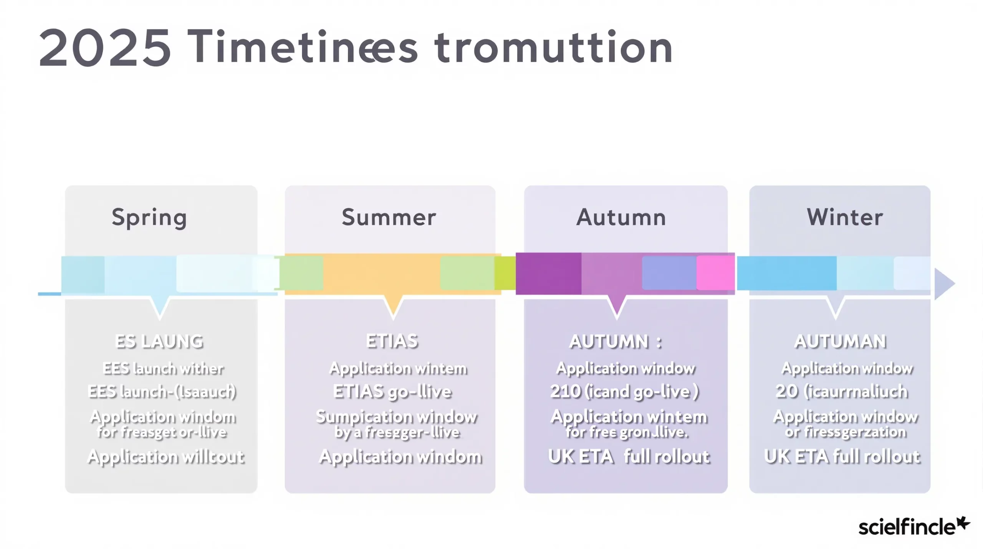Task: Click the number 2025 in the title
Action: [x=104, y=48]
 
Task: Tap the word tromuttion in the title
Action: [x=554, y=48]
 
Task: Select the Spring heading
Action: [x=149, y=217]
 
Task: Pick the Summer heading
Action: [x=389, y=217]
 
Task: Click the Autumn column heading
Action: [x=621, y=217]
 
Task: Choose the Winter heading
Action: [x=845, y=217]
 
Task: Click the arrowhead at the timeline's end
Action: [x=944, y=284]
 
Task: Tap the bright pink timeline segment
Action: [x=715, y=273]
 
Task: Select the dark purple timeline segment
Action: [x=548, y=273]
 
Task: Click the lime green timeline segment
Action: [x=505, y=273]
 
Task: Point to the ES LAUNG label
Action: [x=159, y=342]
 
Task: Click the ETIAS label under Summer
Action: [x=392, y=341]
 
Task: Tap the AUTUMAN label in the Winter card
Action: [x=840, y=342]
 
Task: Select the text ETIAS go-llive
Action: [x=392, y=392]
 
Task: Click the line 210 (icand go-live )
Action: [x=624, y=392]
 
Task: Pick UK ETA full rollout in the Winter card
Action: [x=842, y=457]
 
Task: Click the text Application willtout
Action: [x=165, y=457]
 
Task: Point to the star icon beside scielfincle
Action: [x=963, y=523]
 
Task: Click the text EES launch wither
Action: [x=163, y=369]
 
